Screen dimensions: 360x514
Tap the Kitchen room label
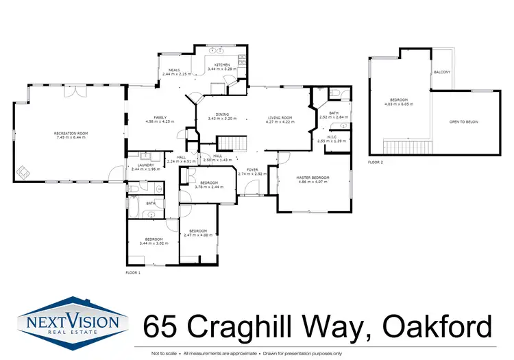point(222,64)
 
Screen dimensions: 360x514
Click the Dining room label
point(222,115)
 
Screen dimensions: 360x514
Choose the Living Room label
point(280,117)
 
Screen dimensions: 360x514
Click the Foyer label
point(252,170)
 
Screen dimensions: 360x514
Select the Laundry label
point(144,165)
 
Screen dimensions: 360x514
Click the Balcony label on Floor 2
point(441,71)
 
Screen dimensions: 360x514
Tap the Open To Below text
point(463,121)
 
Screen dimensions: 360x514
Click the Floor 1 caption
point(132,273)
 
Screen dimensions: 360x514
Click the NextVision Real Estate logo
point(73,320)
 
